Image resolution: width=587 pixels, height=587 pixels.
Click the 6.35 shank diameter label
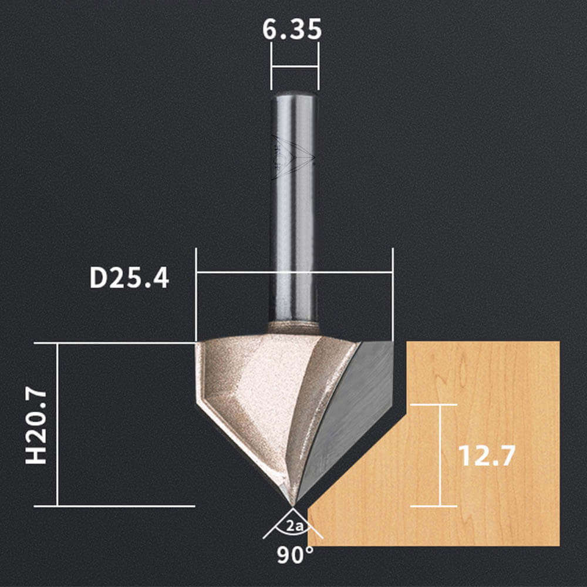[x=292, y=29]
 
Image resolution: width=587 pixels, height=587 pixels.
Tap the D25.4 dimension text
[x=129, y=278]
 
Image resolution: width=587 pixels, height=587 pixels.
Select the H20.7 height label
[x=36, y=427]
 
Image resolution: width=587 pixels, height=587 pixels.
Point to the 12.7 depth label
[x=487, y=456]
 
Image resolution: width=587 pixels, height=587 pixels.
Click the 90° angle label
[x=295, y=555]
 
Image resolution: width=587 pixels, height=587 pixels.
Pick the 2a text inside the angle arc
[x=294, y=527]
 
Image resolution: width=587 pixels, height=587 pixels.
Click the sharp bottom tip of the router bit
[x=292, y=506]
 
